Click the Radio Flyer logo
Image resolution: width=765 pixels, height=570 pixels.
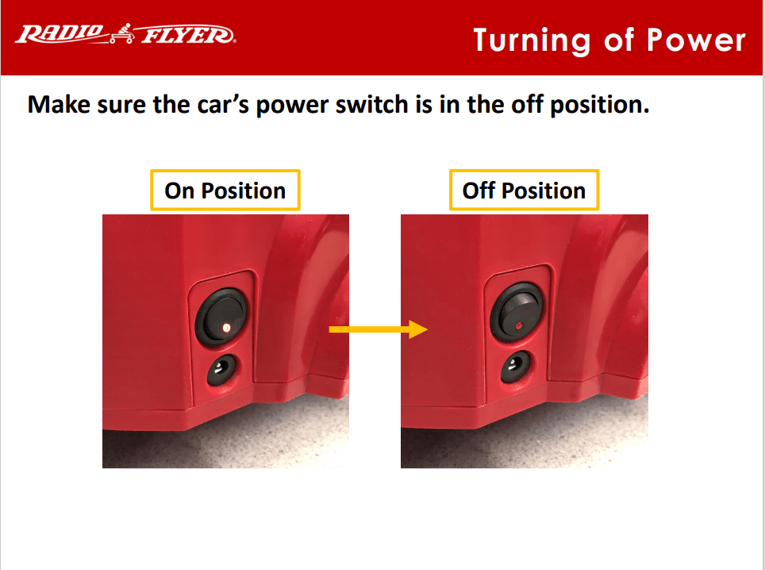[x=125, y=34]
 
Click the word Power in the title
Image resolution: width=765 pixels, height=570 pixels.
[x=696, y=40]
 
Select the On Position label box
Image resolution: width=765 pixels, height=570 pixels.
[x=225, y=191]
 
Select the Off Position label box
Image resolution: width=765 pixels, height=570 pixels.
[x=524, y=191]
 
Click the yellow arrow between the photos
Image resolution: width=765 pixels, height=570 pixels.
[x=378, y=329]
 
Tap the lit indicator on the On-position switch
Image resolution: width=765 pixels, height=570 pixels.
[x=226, y=327]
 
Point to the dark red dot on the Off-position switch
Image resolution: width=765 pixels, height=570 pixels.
[x=519, y=325]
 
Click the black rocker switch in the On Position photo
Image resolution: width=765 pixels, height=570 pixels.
[x=221, y=317]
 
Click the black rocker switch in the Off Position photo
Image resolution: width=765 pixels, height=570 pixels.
[x=517, y=312]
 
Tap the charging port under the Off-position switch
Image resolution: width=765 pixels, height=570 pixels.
[x=516, y=367]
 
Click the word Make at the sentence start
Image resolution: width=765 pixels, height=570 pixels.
[x=59, y=105]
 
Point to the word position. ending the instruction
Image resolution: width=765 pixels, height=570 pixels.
[x=600, y=106]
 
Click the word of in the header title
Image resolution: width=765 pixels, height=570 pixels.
[x=619, y=40]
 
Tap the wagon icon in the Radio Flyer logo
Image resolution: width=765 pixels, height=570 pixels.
[x=121, y=33]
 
